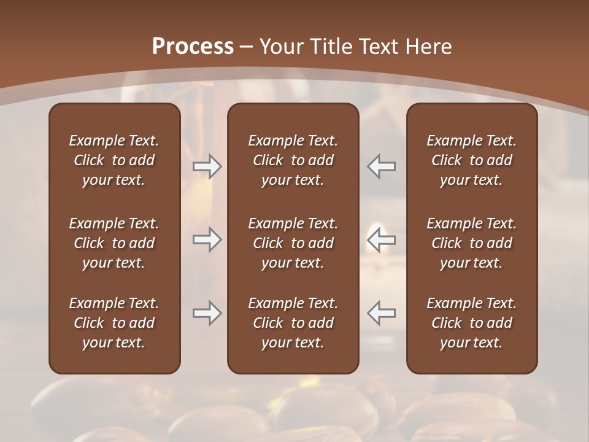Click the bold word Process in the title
[193, 47]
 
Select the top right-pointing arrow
[207, 166]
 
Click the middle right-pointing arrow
[207, 239]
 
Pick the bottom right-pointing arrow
[207, 313]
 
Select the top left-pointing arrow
[382, 166]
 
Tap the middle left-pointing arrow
[382, 239]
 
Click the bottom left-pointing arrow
[382, 313]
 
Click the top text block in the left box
[114, 160]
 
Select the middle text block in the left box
[114, 243]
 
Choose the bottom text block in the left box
[114, 323]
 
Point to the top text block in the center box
[293, 160]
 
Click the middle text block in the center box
[293, 243]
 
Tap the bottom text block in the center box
[293, 323]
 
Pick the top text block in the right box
[471, 160]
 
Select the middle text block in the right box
[471, 243]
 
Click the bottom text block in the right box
[471, 323]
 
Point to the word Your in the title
[282, 47]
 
